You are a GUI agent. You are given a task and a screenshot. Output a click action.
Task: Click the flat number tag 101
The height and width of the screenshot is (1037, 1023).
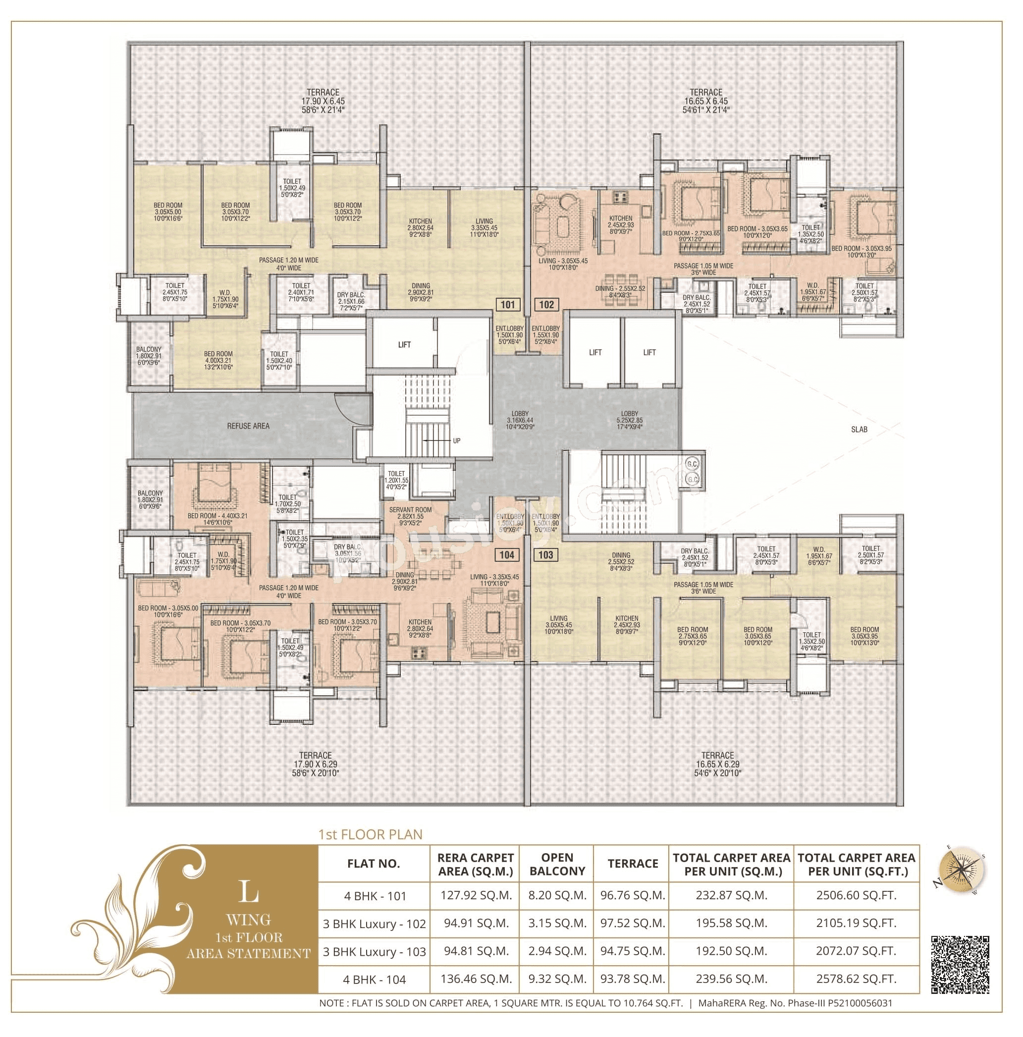[x=507, y=305]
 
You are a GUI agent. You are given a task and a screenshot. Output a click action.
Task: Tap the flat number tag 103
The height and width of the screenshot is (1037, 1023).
[x=545, y=554]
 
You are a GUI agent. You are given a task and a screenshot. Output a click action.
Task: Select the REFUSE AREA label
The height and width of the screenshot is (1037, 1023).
[x=248, y=426]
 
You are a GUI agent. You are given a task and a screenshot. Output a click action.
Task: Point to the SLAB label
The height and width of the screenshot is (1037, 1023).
[x=859, y=429]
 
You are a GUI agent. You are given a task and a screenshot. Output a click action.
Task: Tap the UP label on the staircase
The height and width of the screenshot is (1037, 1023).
[x=456, y=440]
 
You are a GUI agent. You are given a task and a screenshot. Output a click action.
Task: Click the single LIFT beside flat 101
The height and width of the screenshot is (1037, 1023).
[x=404, y=345]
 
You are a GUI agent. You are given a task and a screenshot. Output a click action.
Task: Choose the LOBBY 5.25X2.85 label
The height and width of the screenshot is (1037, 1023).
[x=629, y=420]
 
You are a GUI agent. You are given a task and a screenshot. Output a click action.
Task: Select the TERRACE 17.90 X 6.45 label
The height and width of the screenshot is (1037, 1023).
[x=323, y=101]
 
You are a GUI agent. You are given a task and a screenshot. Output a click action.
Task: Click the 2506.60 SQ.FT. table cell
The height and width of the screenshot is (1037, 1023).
[x=856, y=895]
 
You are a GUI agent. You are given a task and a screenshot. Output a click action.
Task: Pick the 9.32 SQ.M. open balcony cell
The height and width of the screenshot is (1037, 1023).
[x=557, y=979]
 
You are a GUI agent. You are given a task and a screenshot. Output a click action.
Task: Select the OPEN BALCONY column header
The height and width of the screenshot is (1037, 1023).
[x=557, y=864]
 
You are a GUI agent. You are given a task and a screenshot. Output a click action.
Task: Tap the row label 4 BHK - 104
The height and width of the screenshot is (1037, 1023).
[x=374, y=979]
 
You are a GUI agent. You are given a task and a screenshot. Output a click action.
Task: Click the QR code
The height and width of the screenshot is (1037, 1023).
[x=960, y=965]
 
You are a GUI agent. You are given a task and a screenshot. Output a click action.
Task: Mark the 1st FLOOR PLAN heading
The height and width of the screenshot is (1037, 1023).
[x=371, y=835]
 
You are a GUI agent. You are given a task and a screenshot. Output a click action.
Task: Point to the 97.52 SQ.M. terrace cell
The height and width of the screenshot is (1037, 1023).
[x=632, y=923]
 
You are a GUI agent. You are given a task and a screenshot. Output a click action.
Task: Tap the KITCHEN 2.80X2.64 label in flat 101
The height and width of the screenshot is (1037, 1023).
[x=420, y=227]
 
